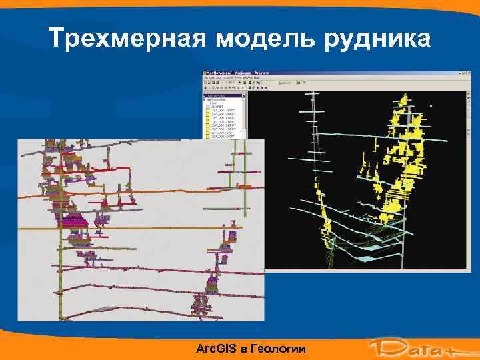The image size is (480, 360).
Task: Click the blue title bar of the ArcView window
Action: click(x=333, y=73)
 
